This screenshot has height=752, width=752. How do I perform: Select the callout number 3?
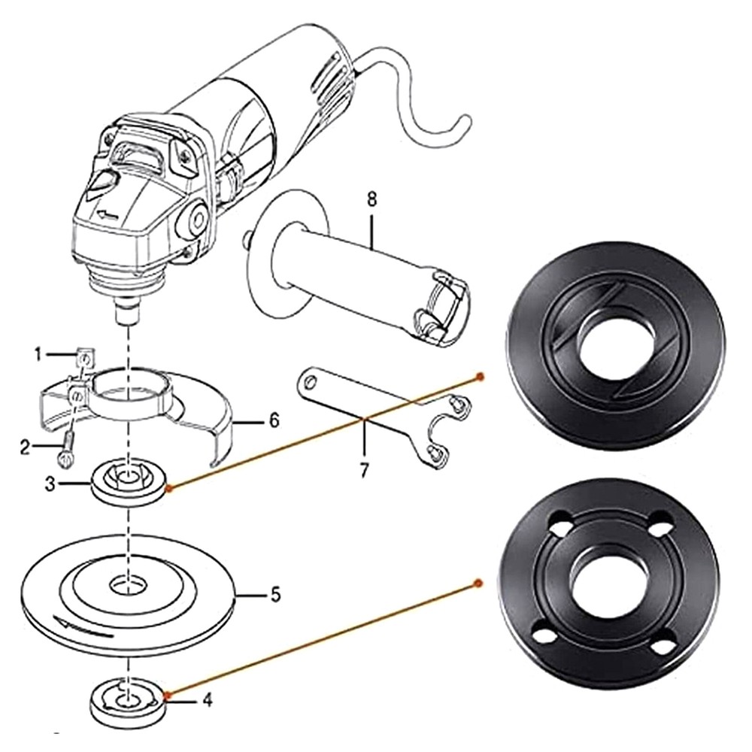pos(50,484)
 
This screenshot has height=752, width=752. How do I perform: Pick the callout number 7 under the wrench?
pos(364,470)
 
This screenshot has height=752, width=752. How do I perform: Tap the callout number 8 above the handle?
pos(371,200)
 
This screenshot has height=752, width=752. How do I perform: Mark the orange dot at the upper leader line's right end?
pos(479,375)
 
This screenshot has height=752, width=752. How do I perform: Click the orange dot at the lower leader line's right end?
pos(478,582)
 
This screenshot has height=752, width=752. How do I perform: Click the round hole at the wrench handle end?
pos(305,381)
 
